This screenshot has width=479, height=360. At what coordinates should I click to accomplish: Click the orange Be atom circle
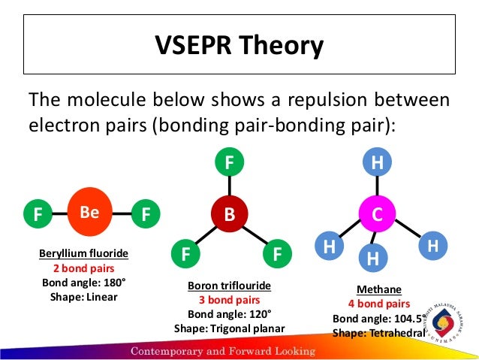[90, 213]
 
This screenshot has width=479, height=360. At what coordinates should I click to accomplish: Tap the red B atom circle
[229, 214]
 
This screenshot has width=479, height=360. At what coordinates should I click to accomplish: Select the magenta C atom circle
[378, 214]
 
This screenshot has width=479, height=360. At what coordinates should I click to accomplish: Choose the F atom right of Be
[145, 215]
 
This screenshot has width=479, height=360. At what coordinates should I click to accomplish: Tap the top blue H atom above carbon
[378, 162]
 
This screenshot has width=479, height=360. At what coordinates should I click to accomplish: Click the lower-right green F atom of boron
[277, 254]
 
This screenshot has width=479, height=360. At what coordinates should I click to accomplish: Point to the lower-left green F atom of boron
[185, 254]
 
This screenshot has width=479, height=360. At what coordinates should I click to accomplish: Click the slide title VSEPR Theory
[239, 46]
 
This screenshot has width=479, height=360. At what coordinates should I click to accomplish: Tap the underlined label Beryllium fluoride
[84, 254]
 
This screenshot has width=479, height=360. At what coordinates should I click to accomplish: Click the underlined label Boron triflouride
[229, 286]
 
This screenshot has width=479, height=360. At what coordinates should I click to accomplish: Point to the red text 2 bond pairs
[84, 268]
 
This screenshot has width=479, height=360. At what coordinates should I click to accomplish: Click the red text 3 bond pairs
[229, 301]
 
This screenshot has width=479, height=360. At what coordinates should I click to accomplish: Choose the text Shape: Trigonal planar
[229, 328]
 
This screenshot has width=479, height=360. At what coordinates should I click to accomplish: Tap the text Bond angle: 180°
[84, 283]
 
